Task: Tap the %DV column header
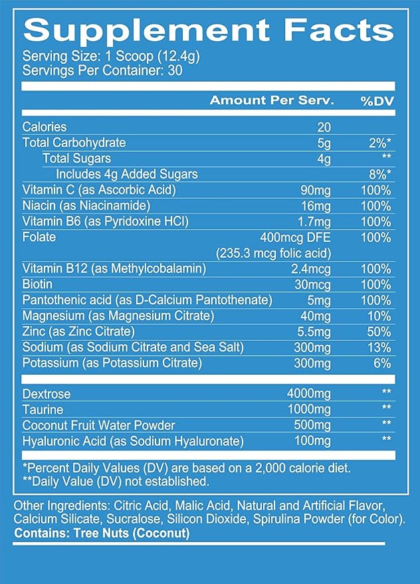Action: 377,101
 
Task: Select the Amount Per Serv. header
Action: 272,100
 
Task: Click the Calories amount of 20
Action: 324,128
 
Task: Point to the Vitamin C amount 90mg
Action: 315,191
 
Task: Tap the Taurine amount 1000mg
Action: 309,410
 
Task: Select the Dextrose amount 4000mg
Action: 308,394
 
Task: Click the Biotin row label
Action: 37,284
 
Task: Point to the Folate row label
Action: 39,237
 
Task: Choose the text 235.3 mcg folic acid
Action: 273,254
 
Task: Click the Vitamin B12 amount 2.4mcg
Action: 311,269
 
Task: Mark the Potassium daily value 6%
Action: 382,363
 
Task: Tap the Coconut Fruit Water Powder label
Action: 99,425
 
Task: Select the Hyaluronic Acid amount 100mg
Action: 312,441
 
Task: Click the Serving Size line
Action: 111,56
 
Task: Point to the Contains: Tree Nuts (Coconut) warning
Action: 102,534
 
